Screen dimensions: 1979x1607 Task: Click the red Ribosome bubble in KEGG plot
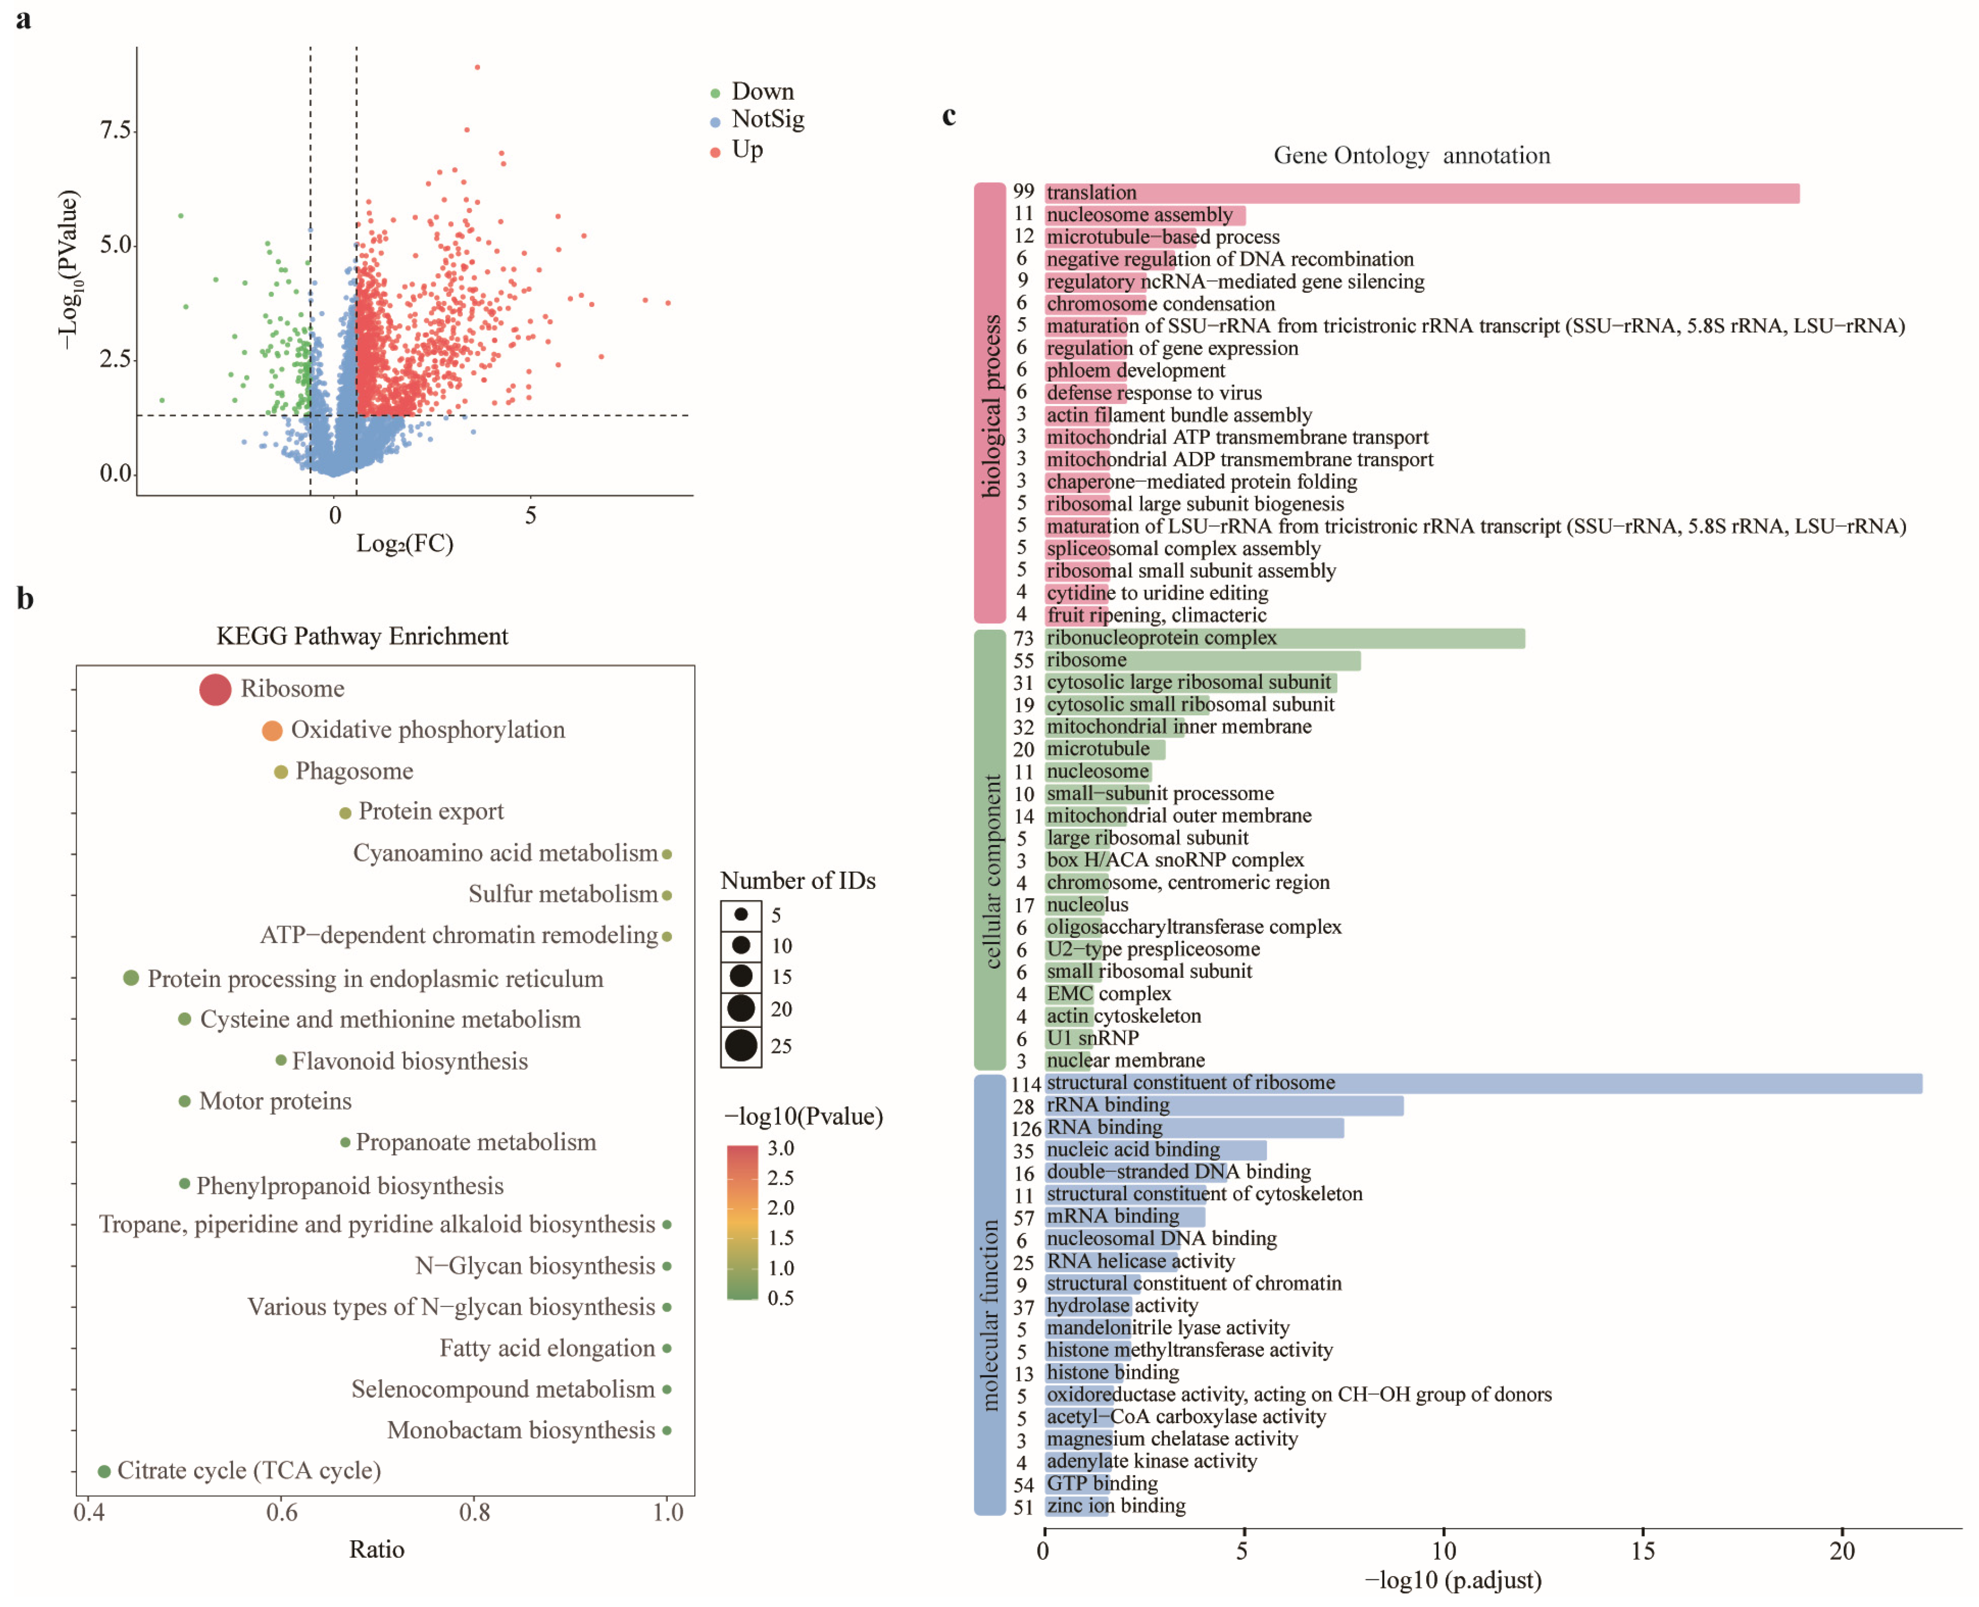click(x=215, y=690)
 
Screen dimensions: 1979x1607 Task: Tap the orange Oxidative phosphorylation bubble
click(x=271, y=731)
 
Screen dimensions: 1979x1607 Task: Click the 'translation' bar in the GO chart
click(x=1421, y=193)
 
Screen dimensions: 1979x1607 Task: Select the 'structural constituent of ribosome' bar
click(x=1483, y=1083)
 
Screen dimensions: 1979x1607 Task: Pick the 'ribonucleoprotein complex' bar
click(x=1285, y=638)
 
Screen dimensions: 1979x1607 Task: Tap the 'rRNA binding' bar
click(x=1223, y=1105)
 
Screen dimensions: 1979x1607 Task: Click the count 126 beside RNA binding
click(x=1026, y=1129)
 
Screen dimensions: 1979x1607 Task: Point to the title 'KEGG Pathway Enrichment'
click(x=362, y=636)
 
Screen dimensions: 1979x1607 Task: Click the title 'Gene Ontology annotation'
click(x=1412, y=156)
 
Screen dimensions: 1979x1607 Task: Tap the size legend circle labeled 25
click(x=741, y=1046)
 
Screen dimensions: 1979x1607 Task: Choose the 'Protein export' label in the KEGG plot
click(x=431, y=812)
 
